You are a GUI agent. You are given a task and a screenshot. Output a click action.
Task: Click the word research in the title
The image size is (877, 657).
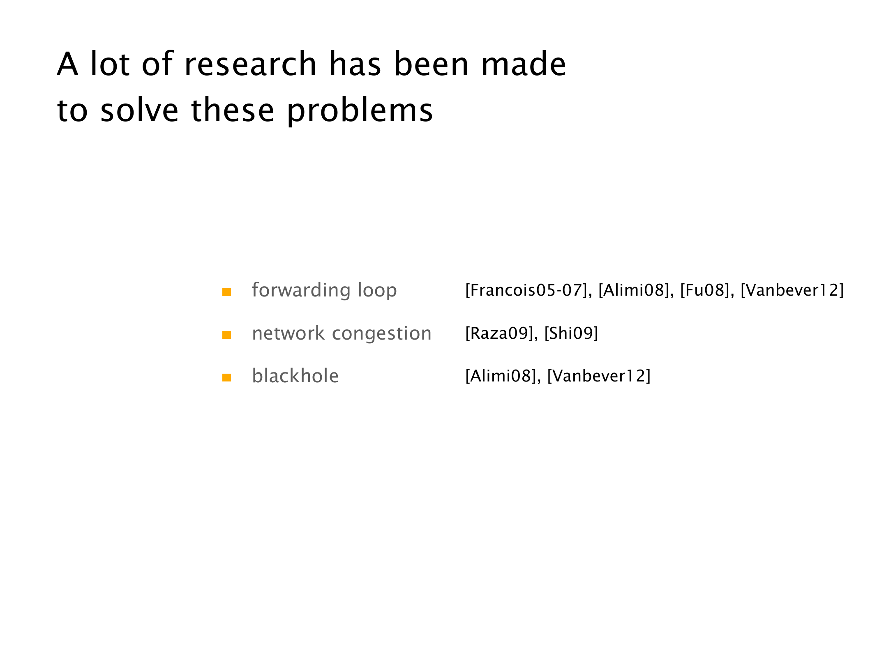(250, 64)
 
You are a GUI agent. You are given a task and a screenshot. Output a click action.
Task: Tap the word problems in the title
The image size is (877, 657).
(360, 111)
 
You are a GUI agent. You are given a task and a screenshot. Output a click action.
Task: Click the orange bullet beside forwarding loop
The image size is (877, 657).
(226, 292)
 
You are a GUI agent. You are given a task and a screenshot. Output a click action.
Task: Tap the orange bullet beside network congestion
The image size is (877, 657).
(226, 335)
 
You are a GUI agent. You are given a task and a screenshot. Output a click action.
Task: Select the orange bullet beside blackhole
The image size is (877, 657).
(226, 377)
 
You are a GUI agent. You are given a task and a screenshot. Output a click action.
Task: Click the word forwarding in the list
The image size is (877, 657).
(301, 291)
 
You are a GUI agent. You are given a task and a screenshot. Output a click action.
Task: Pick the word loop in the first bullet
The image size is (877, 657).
(377, 291)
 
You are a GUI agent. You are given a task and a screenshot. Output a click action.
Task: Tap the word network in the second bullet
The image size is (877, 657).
(288, 333)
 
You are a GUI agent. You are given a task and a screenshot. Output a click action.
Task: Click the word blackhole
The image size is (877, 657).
(295, 376)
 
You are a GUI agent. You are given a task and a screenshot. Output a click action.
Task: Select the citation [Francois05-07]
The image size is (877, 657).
(526, 290)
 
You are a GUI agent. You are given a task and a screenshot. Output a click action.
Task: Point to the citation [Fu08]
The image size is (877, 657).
(704, 290)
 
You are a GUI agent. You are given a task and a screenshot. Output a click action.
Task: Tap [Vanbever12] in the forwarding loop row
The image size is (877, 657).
(792, 290)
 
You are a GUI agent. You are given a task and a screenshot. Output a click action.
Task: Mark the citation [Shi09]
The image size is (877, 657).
(571, 333)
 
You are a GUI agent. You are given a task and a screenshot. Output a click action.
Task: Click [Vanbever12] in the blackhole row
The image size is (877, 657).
(599, 376)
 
